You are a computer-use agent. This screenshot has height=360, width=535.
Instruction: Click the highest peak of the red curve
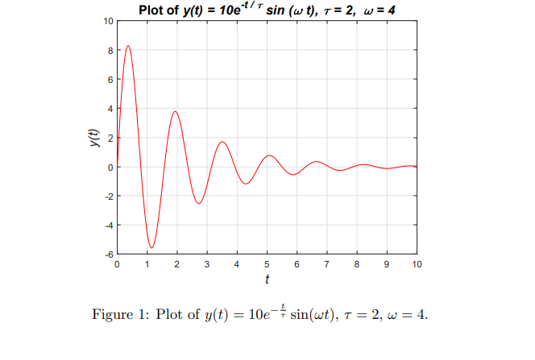point(128,47)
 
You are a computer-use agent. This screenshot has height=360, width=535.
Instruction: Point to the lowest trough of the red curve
point(151,247)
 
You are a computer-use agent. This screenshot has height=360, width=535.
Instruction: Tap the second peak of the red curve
point(175,111)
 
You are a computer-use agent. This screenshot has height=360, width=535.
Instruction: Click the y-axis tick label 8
point(110,50)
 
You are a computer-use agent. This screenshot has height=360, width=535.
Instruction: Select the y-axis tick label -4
point(109,225)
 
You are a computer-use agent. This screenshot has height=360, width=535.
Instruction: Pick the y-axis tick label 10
point(108,21)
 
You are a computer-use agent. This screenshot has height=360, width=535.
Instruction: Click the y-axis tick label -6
point(109,254)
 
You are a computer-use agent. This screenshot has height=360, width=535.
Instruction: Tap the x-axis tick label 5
point(267,264)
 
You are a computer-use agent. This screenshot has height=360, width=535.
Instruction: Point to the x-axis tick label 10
point(416,264)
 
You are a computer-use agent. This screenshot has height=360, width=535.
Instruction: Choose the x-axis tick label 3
point(207,264)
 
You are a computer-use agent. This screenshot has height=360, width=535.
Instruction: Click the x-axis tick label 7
point(326,264)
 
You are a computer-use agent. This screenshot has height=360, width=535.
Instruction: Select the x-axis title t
point(267,279)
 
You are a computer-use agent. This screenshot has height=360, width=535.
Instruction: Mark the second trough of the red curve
point(198,204)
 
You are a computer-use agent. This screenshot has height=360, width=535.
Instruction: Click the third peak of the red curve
point(222,142)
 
